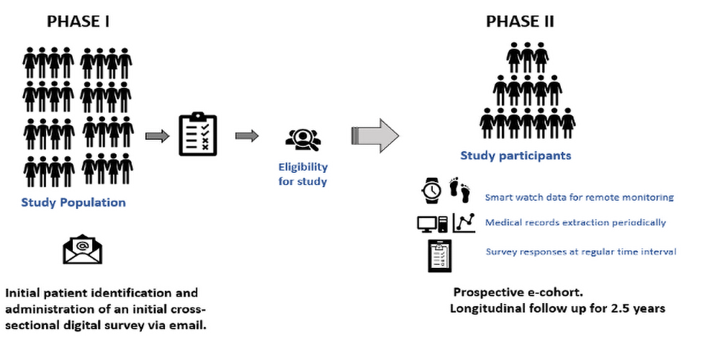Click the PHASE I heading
78,22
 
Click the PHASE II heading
520,22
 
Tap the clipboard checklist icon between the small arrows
197,134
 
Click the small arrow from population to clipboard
157,136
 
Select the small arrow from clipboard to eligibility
247,136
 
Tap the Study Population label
73,202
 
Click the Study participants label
516,156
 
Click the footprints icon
459,190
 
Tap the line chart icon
464,222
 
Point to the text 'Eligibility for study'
302,174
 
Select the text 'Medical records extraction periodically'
575,222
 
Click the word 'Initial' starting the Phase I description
22,293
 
